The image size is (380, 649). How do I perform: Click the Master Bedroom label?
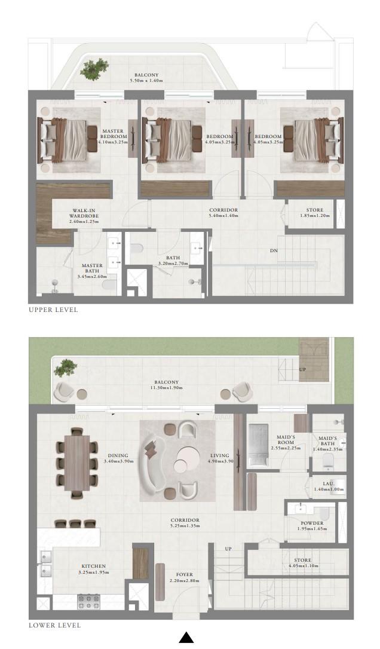tap(112, 134)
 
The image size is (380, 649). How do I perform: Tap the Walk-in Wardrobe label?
tap(84, 213)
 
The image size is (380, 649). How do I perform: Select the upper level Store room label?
tap(315, 210)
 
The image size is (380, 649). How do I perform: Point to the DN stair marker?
tap(274, 250)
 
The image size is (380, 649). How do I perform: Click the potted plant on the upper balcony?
tap(94, 69)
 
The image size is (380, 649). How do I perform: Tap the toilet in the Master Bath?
tap(109, 285)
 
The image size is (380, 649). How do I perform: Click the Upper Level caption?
tap(53, 310)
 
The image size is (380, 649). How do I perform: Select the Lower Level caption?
tap(54, 625)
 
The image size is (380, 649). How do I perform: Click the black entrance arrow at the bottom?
tap(186, 638)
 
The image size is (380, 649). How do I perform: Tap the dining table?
tap(77, 463)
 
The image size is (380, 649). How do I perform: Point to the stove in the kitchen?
tap(88, 601)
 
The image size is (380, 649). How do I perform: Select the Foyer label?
tap(184, 574)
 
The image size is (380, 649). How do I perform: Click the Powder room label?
tap(312, 523)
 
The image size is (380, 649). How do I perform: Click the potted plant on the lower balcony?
tap(66, 368)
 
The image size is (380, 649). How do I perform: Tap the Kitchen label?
tap(94, 566)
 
